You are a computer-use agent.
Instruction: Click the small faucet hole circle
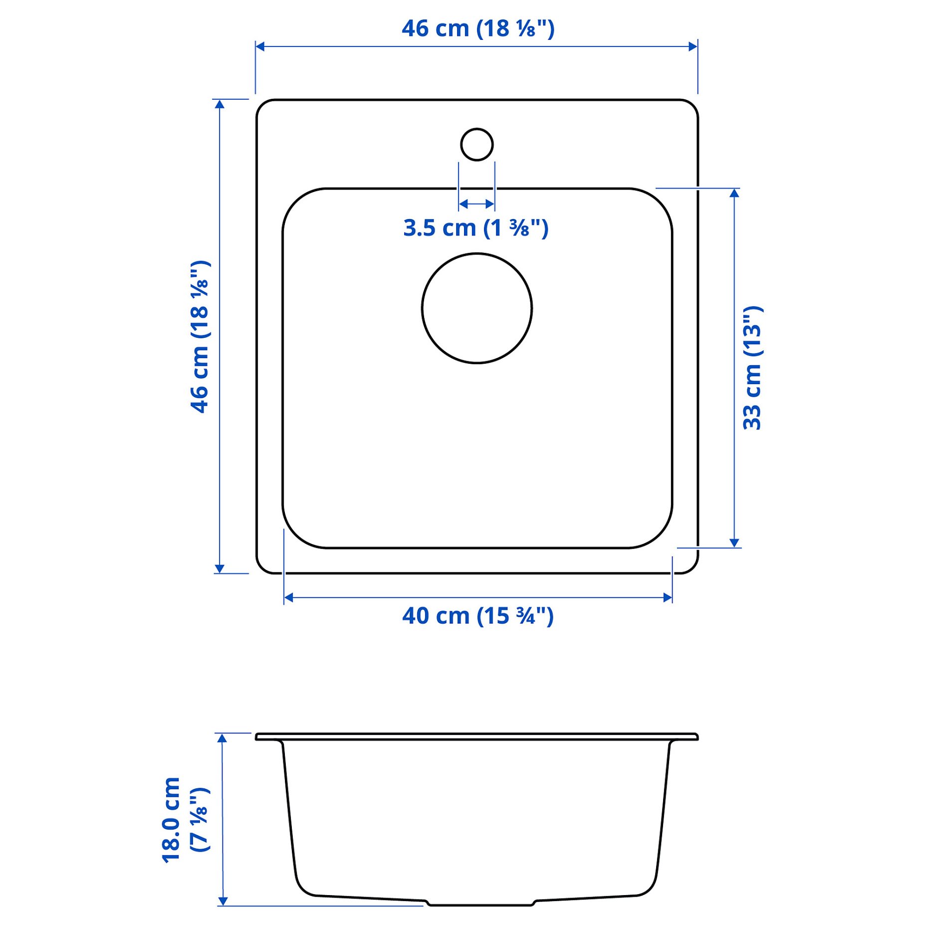click(476, 145)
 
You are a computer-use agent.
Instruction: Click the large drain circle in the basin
click(476, 308)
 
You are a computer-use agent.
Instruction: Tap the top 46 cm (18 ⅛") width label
click(477, 28)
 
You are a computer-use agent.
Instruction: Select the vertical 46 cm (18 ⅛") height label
click(200, 336)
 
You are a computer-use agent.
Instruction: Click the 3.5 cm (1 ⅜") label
click(475, 228)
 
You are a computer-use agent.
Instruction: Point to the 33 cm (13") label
click(752, 368)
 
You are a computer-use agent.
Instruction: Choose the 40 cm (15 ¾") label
click(477, 616)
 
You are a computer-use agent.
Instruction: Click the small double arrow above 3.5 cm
click(476, 204)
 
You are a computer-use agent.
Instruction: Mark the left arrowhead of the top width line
click(260, 46)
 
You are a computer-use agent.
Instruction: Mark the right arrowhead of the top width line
click(693, 46)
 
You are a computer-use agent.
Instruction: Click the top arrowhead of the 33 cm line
click(734, 193)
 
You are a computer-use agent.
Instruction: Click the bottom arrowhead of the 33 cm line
click(734, 543)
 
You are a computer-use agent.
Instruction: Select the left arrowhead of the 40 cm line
click(288, 597)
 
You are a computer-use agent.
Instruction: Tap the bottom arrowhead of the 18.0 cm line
click(223, 901)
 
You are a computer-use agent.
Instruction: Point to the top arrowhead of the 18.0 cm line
click(223, 738)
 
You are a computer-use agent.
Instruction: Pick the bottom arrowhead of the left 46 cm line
click(220, 569)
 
